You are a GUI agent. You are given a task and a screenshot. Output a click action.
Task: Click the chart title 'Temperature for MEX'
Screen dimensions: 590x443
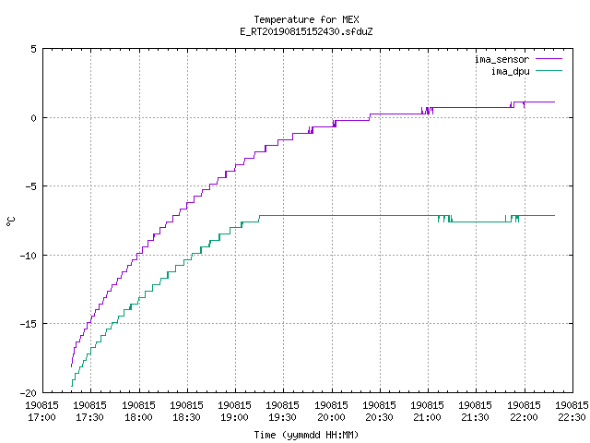[306, 19]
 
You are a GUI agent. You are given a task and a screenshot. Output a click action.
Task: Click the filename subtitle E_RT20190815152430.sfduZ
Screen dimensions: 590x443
[306, 31]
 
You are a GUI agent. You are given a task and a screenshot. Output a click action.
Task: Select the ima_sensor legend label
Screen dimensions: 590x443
[501, 59]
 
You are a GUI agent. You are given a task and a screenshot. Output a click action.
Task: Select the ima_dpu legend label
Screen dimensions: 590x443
[510, 71]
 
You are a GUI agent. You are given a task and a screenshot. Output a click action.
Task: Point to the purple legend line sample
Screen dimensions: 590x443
[549, 59]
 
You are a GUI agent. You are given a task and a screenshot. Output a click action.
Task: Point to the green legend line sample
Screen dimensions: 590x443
[549, 70]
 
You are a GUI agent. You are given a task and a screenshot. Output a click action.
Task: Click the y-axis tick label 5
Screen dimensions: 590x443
[34, 49]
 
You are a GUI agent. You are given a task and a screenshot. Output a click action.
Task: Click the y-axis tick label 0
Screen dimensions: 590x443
[34, 118]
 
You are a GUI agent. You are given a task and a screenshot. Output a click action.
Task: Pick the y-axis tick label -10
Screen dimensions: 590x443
[29, 256]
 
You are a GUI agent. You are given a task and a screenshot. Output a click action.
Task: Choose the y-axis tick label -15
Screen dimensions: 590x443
[29, 324]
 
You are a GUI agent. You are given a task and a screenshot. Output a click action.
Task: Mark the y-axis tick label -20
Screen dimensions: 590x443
[29, 392]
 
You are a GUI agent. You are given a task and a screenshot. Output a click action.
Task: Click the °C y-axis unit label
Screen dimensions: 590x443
[10, 221]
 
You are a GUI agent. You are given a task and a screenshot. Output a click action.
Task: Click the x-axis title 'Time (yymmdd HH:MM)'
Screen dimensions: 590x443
[306, 435]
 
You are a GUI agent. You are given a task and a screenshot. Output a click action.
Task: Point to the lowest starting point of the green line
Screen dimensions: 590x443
[72, 386]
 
